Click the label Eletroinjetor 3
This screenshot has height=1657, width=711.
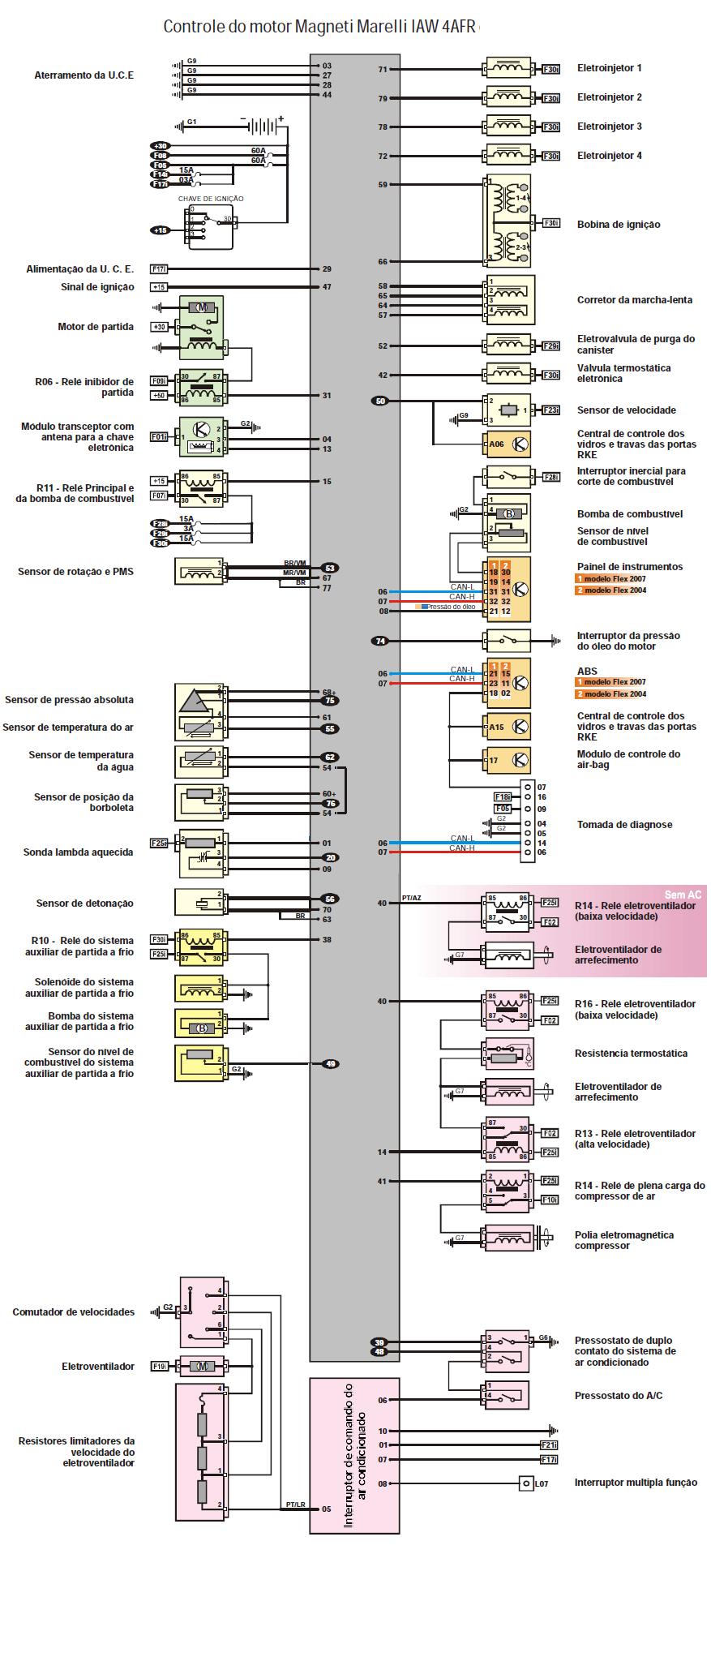(x=610, y=127)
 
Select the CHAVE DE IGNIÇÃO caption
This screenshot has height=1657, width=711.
(x=211, y=199)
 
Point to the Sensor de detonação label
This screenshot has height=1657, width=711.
(x=84, y=903)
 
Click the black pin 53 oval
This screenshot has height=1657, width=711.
(x=328, y=568)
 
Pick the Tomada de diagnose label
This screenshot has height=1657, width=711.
(x=624, y=825)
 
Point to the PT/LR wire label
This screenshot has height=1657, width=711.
(x=295, y=1505)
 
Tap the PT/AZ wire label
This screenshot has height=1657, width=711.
(x=412, y=899)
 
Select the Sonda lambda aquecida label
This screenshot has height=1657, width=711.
(x=78, y=852)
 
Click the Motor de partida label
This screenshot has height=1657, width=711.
(x=96, y=327)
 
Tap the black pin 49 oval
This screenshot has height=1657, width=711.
(x=330, y=1064)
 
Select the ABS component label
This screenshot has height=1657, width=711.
(x=587, y=671)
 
